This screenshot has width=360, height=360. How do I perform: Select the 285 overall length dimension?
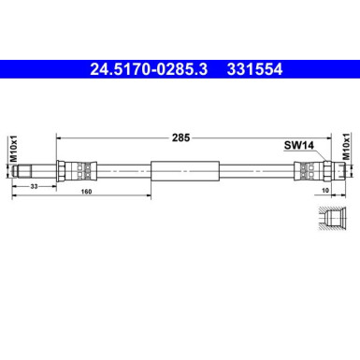[x=181, y=137]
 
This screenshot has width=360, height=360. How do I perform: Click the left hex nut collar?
[x=63, y=170]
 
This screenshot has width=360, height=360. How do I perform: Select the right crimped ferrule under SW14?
[x=301, y=170]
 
